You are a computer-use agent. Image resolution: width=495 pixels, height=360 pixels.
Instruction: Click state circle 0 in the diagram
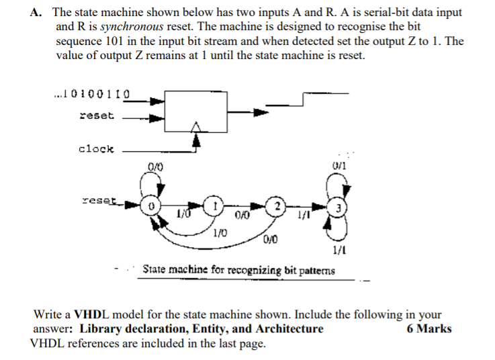pyautogui.click(x=152, y=206)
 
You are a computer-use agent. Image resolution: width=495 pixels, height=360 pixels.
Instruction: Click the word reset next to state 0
pyautogui.click(x=98, y=200)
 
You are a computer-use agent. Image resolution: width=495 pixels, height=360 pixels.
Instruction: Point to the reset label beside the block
pyautogui.click(x=97, y=116)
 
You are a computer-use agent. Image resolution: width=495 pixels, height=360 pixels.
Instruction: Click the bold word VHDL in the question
pyautogui.click(x=87, y=314)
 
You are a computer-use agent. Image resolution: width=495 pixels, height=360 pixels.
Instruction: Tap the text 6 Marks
pyautogui.click(x=429, y=328)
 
